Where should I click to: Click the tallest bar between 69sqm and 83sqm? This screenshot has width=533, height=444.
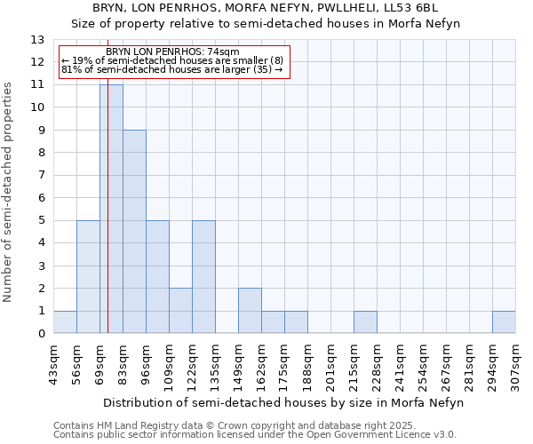coord(111,209)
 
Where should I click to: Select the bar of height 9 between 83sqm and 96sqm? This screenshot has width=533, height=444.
coord(134,232)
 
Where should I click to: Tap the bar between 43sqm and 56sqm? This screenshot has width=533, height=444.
coord(65,322)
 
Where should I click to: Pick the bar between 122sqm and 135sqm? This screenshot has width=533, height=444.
coord(203,277)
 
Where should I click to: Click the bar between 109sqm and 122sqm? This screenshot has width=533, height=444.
coord(180,311)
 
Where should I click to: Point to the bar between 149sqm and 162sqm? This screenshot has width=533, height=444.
coord(250,311)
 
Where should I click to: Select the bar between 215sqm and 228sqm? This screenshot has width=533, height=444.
coord(365,322)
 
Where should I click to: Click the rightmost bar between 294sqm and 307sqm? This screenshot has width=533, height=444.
coord(504,322)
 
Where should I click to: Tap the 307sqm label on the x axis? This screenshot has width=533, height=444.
coord(515,363)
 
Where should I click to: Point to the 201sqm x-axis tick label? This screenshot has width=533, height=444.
coord(330,363)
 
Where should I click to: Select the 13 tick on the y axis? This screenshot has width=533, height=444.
coord(37,40)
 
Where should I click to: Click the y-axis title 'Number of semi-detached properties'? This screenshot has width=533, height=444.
coord(8,192)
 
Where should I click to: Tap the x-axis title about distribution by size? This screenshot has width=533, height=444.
coord(282,402)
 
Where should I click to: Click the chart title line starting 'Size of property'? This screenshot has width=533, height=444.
coord(266,24)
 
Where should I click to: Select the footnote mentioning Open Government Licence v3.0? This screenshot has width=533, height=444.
coord(255,435)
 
